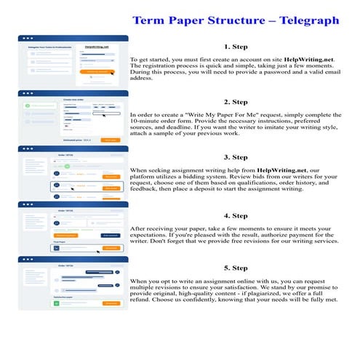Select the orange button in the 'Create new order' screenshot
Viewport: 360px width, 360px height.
coord(110,139)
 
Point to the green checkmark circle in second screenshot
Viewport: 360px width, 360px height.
coord(28,106)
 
